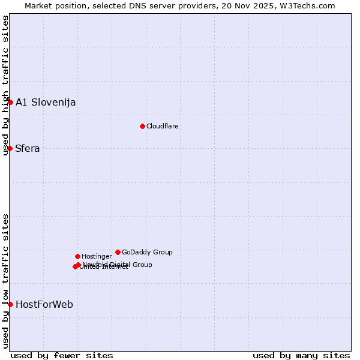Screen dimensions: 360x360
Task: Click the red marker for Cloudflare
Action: (x=142, y=126)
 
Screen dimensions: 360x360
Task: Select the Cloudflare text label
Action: (x=163, y=126)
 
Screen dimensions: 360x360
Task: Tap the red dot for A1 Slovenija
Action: (x=10, y=102)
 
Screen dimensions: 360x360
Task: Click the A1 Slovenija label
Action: (x=46, y=102)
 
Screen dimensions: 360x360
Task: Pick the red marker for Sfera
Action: (x=10, y=148)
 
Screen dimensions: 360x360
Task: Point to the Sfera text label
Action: (x=28, y=148)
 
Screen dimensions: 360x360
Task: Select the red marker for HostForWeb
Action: (x=10, y=304)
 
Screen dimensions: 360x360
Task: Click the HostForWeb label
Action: (x=44, y=304)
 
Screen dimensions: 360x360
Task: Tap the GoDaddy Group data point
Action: (x=118, y=252)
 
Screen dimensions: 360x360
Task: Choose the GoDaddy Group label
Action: (x=147, y=252)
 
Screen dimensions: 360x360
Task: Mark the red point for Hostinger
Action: (x=77, y=256)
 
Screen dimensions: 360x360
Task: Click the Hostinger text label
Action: (x=97, y=256)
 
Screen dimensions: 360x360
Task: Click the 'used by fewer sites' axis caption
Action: (x=62, y=355)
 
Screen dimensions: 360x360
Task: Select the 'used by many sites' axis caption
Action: (x=301, y=355)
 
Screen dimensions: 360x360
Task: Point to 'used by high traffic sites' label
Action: (x=5, y=86)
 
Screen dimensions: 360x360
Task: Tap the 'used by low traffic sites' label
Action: (x=5, y=281)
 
